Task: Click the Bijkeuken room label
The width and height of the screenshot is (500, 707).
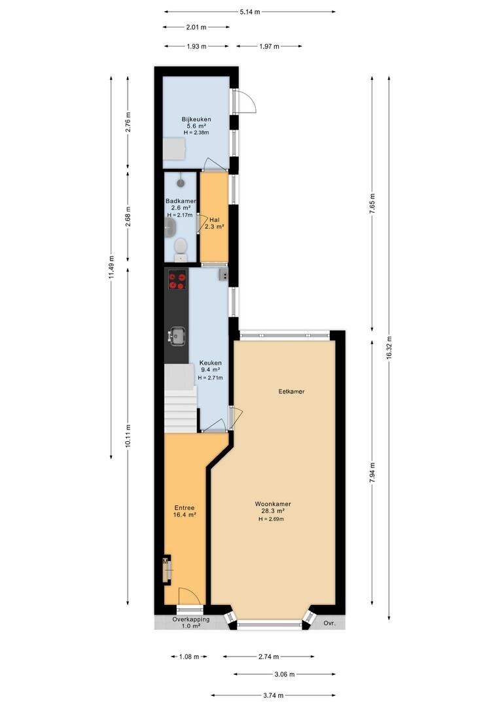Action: tap(196, 126)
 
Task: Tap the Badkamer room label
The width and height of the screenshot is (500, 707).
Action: tap(181, 208)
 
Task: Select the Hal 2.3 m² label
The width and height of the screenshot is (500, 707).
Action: tap(214, 224)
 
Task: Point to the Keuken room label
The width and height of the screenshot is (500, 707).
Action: tap(210, 370)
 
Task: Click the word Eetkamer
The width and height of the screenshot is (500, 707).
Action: tap(291, 391)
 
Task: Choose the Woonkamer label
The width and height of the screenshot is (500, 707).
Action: tap(273, 511)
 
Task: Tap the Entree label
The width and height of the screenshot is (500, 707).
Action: tap(184, 511)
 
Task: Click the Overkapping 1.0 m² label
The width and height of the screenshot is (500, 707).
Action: tap(190, 623)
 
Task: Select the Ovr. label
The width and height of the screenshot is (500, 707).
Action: tap(330, 623)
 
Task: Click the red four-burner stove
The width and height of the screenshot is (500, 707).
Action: tap(177, 280)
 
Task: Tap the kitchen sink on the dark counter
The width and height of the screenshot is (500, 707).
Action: tap(177, 336)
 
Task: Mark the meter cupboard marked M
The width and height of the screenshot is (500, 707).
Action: tap(167, 570)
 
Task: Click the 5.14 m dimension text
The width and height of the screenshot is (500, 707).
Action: tap(250, 12)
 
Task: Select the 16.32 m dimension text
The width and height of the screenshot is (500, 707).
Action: tap(389, 348)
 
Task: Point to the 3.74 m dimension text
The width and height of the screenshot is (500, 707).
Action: tap(273, 695)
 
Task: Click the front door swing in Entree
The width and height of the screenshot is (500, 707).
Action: tap(189, 596)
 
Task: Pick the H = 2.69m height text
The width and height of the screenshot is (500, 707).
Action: tap(271, 519)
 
